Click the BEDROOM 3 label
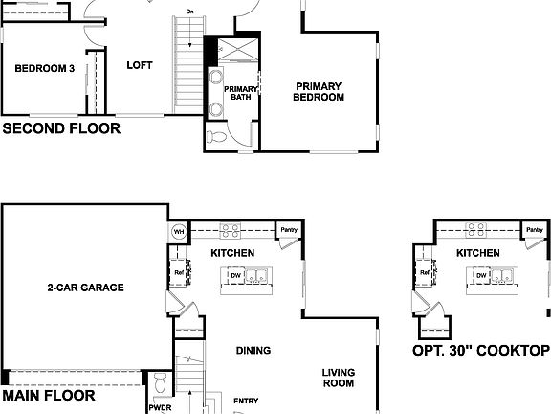(44, 68)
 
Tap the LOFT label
(140, 65)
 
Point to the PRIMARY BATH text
(235, 93)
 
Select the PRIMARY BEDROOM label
(318, 92)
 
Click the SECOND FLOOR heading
(62, 126)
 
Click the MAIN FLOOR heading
(49, 394)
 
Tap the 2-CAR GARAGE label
(86, 287)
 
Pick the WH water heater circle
(178, 232)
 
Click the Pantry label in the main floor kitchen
(287, 231)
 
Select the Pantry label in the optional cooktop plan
(535, 231)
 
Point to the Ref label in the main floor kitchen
(179, 272)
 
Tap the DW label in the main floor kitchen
(235, 276)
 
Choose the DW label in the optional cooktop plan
(483, 276)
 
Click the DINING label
(253, 350)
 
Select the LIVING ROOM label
(338, 378)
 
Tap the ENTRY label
(246, 401)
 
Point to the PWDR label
(160, 406)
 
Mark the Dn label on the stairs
(190, 11)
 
